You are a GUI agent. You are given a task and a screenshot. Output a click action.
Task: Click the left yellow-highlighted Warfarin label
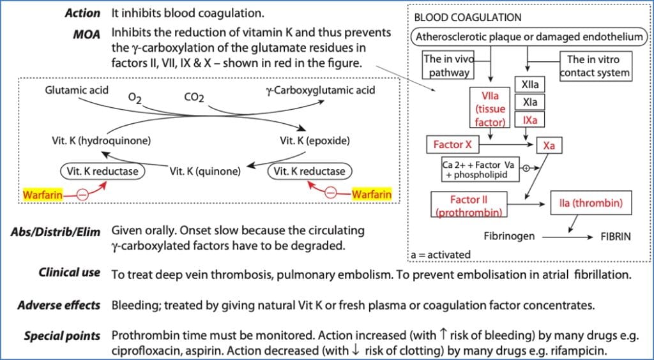coord(43,195)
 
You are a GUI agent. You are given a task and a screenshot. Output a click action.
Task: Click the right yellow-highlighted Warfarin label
coord(371,193)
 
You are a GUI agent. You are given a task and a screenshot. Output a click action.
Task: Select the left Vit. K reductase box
coord(102,171)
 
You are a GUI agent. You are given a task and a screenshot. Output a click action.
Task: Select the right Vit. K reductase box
coord(310,171)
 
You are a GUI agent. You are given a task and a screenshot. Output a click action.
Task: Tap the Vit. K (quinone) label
coord(205,171)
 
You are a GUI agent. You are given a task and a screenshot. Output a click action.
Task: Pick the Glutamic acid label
coord(77,91)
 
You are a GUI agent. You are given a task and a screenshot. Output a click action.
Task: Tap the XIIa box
coord(529,85)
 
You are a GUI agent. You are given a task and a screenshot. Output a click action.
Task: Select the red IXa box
coord(529,120)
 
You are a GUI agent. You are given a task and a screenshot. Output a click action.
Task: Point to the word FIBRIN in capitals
coord(615,236)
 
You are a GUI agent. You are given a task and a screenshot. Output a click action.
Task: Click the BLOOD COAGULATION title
coord(468,17)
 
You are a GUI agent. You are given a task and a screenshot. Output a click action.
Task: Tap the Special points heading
coord(62,336)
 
